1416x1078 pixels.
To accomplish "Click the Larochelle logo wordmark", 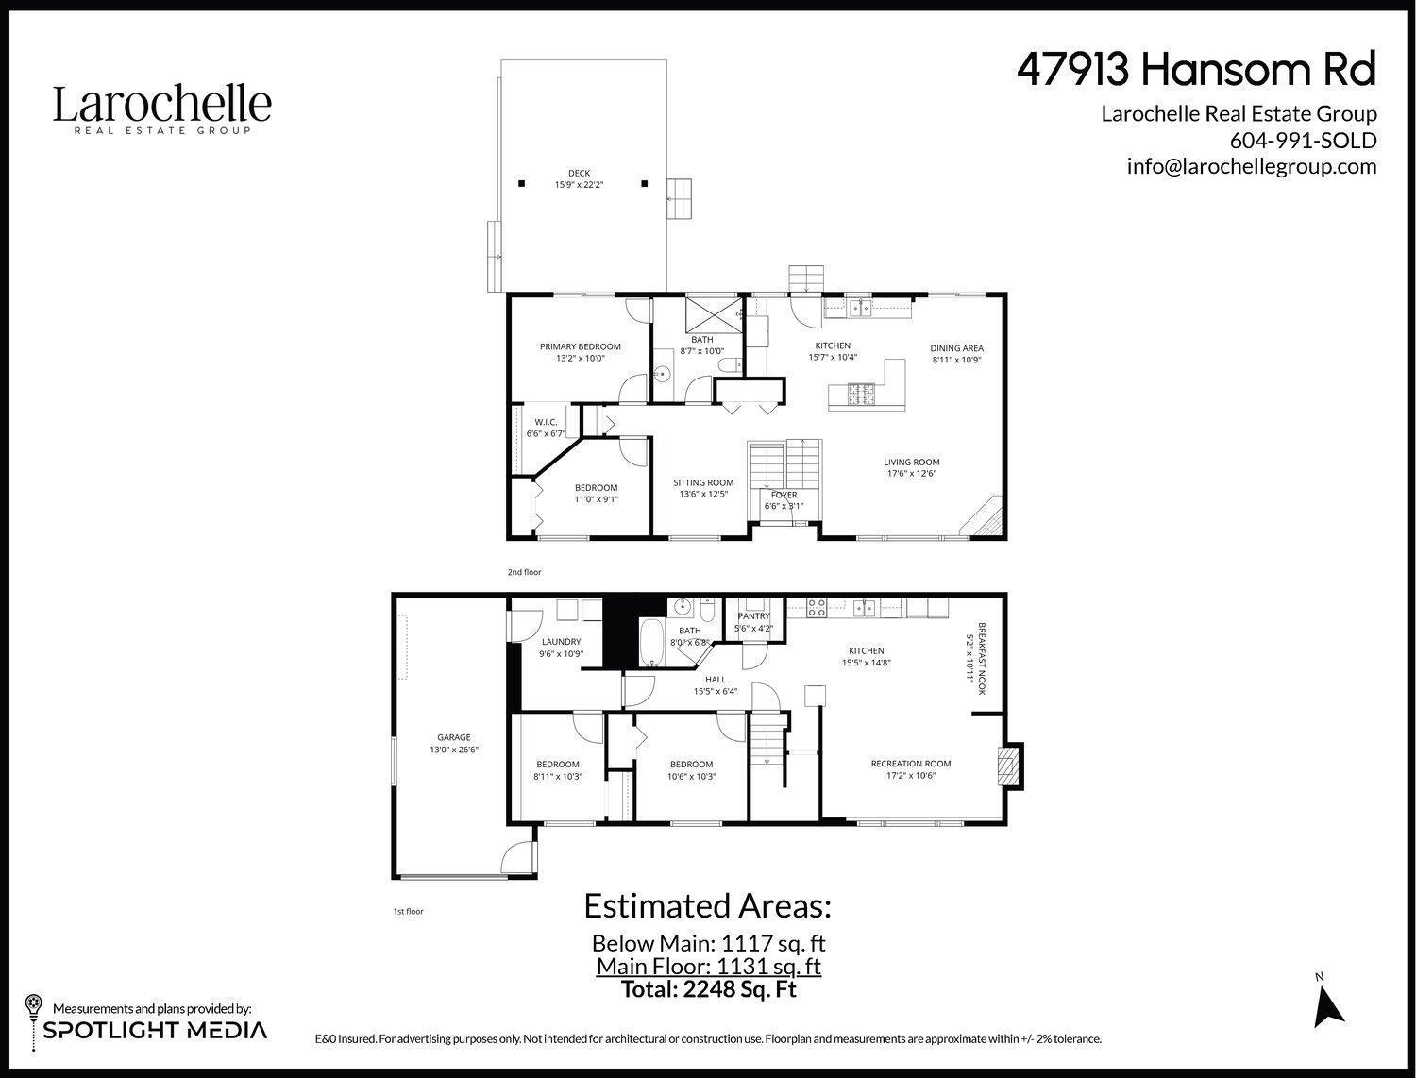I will [x=161, y=105].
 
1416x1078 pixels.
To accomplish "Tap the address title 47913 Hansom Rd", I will [x=1196, y=69].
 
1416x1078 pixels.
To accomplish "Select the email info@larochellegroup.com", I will [x=1251, y=166].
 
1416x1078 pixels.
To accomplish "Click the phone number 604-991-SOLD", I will [x=1303, y=140].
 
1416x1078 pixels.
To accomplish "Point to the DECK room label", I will [x=579, y=173].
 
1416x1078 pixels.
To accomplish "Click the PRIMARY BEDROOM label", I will [x=580, y=347].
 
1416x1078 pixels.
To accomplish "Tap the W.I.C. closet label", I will [x=546, y=422].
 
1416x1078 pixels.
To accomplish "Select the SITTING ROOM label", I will [x=703, y=482].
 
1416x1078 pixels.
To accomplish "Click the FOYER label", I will [x=784, y=495].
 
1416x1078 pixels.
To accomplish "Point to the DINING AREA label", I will [x=956, y=347].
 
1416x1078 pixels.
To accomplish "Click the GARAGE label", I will [x=453, y=738].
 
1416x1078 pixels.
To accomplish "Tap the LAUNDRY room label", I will [x=561, y=642].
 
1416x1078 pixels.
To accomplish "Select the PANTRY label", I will [x=753, y=616].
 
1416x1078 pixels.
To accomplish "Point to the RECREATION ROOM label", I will [x=910, y=764].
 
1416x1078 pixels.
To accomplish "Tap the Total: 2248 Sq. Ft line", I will [x=708, y=989].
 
